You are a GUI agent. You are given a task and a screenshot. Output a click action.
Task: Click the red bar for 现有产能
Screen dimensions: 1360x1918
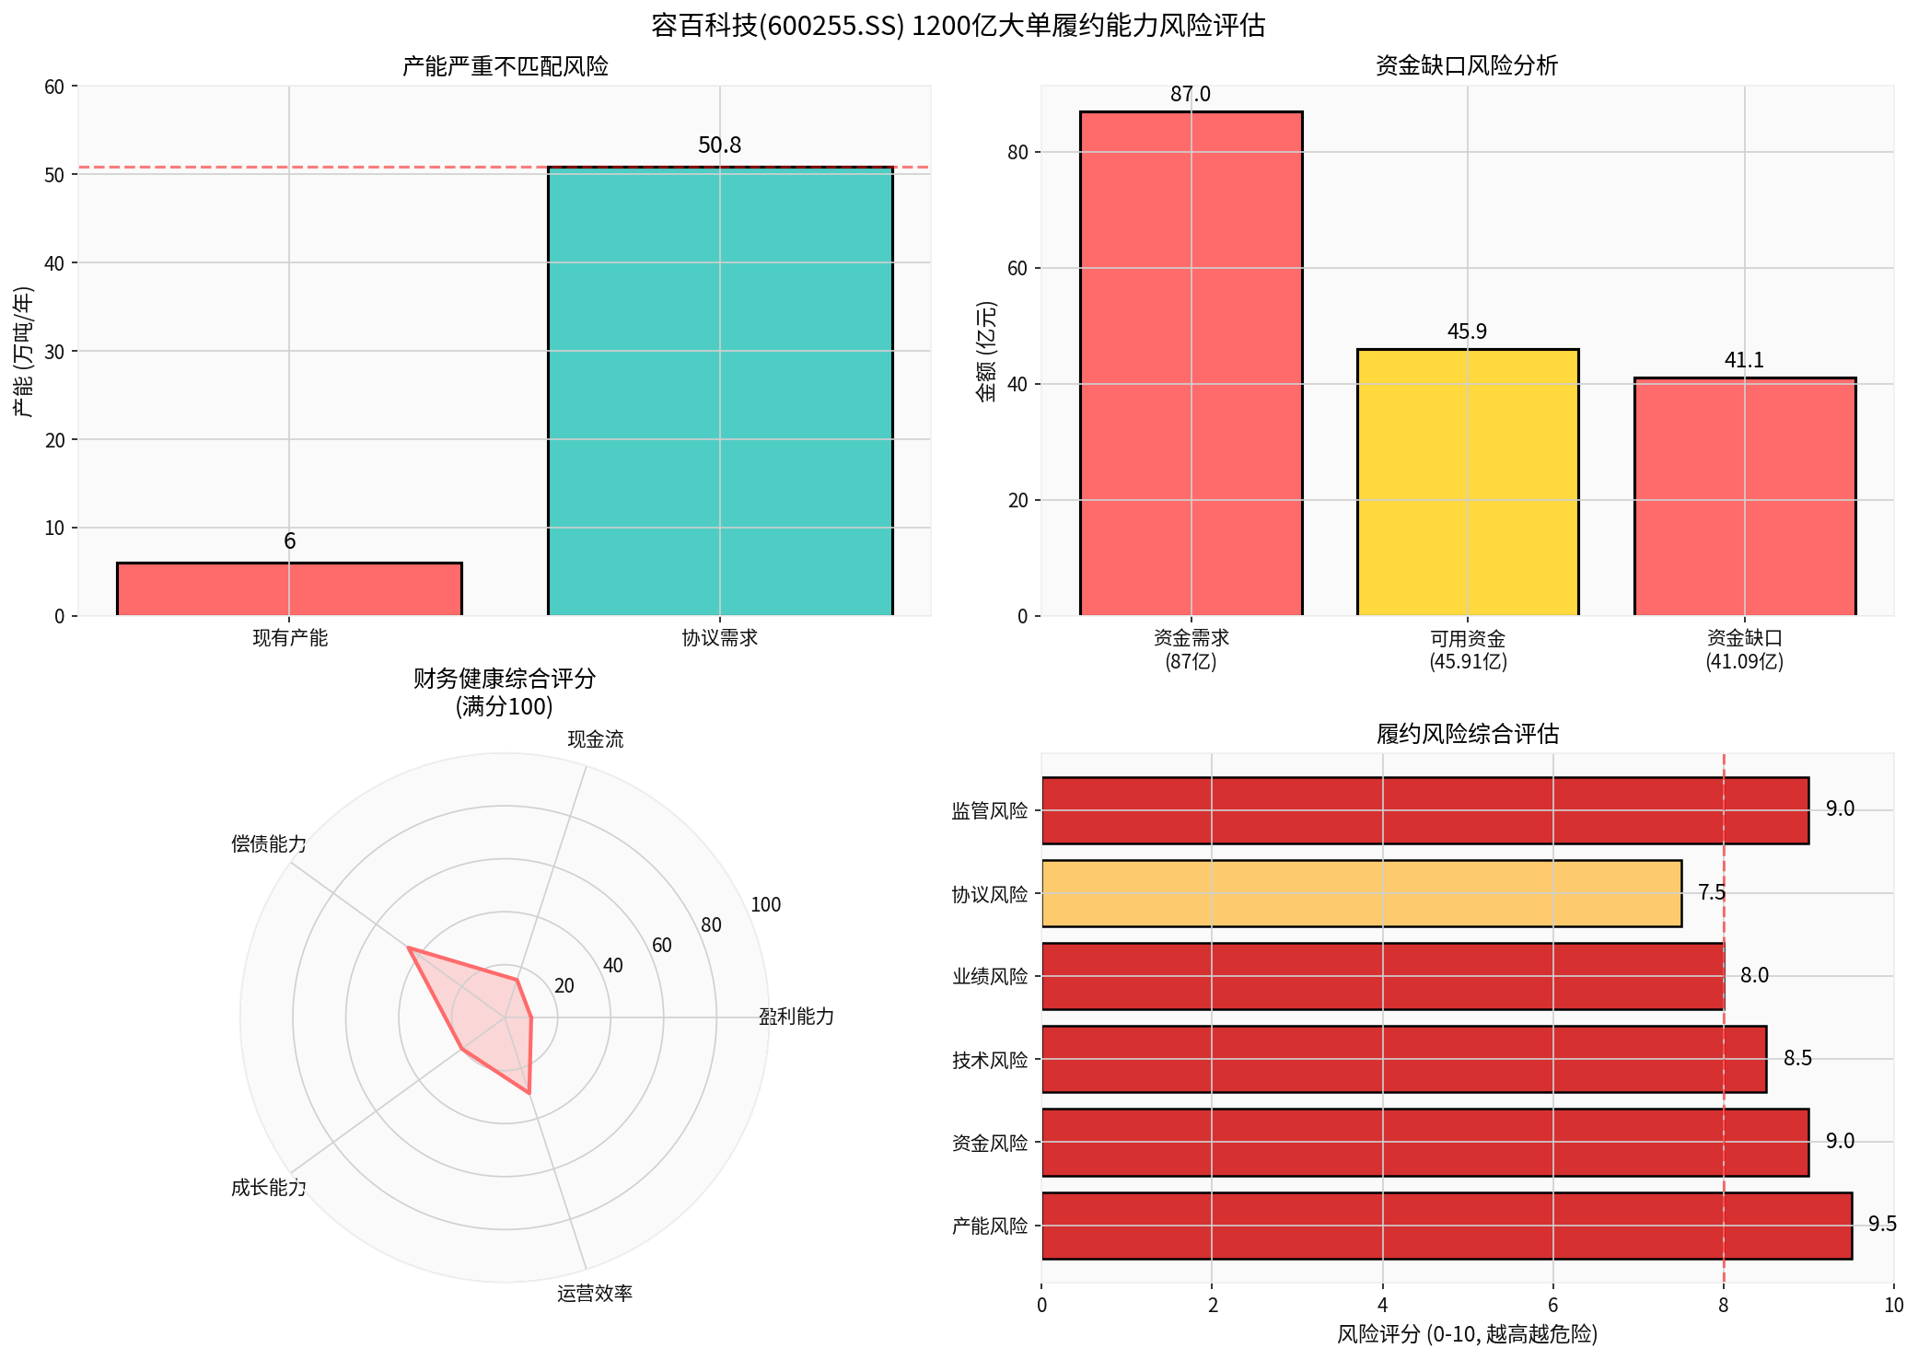[x=289, y=588]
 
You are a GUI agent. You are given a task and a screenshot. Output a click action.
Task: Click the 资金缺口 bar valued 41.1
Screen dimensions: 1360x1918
[x=1744, y=496]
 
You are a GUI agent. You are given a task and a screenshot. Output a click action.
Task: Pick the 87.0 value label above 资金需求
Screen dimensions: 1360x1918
[x=1191, y=95]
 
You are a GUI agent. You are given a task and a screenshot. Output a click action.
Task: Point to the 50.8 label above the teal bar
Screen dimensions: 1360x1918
[x=719, y=145]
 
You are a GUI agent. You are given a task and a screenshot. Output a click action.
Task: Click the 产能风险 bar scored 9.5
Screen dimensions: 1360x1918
[x=1446, y=1226]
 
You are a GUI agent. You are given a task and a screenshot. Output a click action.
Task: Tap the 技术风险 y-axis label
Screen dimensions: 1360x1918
[x=990, y=1060]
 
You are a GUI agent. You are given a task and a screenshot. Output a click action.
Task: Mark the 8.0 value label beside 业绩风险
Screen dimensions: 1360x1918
[x=1754, y=976]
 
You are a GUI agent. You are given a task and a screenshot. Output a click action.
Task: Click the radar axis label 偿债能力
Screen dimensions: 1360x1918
[x=269, y=844]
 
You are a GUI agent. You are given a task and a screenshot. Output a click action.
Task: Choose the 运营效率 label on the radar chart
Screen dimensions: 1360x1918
[x=595, y=1294]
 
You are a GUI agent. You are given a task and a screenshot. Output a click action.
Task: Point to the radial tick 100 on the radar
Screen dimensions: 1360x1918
[x=765, y=905]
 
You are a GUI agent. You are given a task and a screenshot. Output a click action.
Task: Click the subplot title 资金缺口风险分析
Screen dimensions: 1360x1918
[x=1467, y=66]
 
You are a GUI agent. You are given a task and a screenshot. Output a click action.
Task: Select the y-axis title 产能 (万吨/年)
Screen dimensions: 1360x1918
[x=24, y=352]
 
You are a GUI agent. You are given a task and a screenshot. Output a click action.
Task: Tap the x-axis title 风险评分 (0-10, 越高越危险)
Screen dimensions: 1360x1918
[x=1467, y=1334]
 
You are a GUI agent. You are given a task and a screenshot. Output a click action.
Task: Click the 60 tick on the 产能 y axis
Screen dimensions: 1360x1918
[x=54, y=87]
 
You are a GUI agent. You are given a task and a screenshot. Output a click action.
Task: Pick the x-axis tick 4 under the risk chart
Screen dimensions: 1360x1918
[x=1382, y=1305]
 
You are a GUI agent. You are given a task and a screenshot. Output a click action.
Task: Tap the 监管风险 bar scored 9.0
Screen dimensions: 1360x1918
[x=1424, y=810]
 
